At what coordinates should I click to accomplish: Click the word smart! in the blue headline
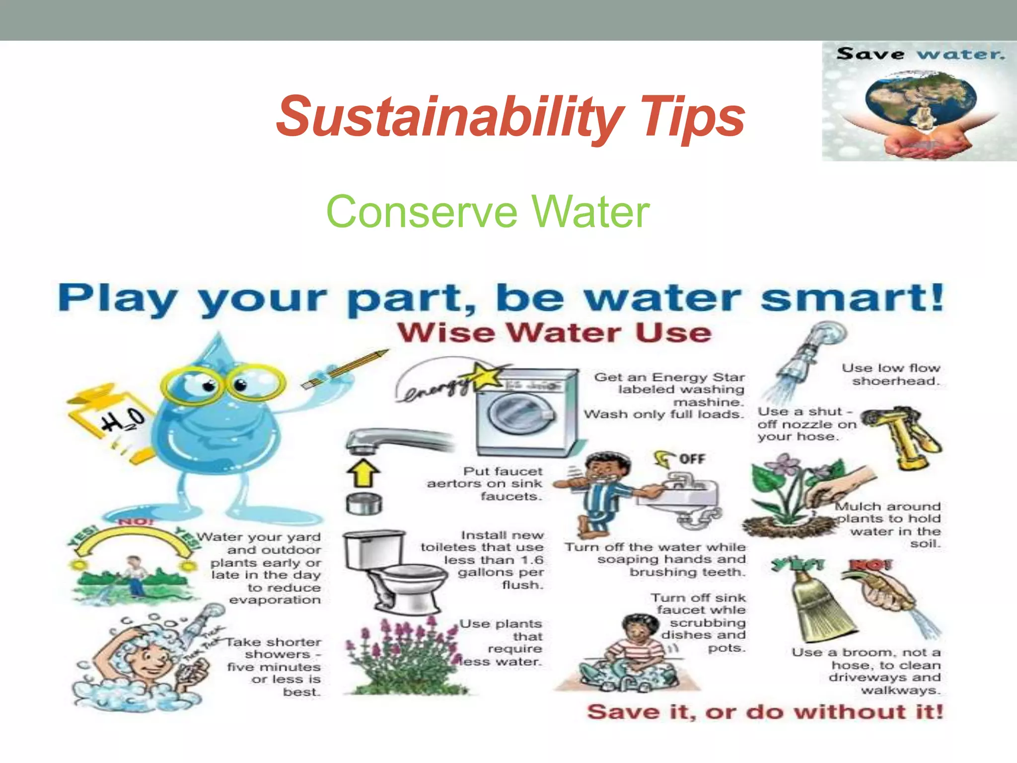[x=851, y=298]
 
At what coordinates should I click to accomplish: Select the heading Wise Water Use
[x=554, y=332]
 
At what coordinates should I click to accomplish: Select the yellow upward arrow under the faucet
[x=363, y=472]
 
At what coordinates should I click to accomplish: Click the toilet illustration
[x=392, y=571]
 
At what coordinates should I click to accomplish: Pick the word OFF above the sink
[x=692, y=458]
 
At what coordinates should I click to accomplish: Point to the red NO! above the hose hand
[x=872, y=565]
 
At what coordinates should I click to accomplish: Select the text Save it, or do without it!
[x=765, y=712]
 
